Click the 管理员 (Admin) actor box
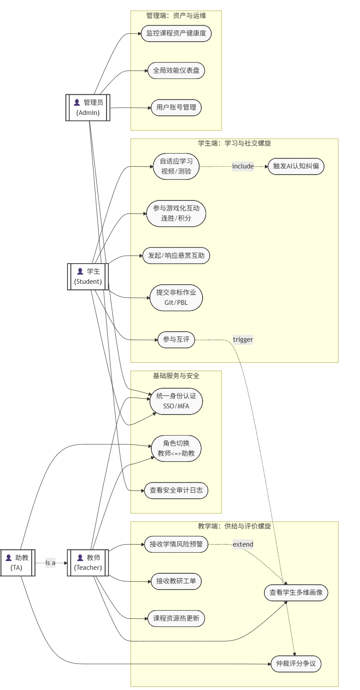(88, 107)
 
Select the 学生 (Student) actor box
(88, 276)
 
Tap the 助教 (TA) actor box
(17, 562)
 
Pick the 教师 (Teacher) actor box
(88, 562)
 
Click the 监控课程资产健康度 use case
(176, 33)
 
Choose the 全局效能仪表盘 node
(176, 71)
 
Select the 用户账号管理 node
(176, 107)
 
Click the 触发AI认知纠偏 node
(296, 166)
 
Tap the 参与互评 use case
(176, 340)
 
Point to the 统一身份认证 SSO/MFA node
(176, 401)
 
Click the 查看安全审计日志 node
(176, 490)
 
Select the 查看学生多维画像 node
(296, 593)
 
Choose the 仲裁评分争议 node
(296, 664)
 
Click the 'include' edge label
(243, 166)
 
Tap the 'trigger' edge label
(243, 340)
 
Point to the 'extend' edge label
(243, 544)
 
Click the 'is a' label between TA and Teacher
(50, 563)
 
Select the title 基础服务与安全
(176, 376)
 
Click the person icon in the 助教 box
(9, 558)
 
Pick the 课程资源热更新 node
(176, 618)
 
